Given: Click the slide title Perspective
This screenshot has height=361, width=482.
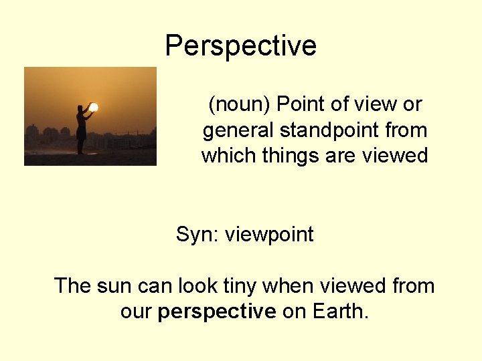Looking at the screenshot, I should [x=240, y=46].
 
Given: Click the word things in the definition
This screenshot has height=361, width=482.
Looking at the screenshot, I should [x=280, y=156].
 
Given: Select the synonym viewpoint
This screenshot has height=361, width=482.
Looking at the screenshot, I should [x=269, y=235].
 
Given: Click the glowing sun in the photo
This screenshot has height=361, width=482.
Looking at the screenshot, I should [x=94, y=107].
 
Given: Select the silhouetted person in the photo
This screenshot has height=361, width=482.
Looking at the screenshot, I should [x=82, y=128].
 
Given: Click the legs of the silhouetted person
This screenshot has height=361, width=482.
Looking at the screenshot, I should [x=81, y=146].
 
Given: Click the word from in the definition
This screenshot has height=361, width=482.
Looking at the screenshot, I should [x=404, y=130].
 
